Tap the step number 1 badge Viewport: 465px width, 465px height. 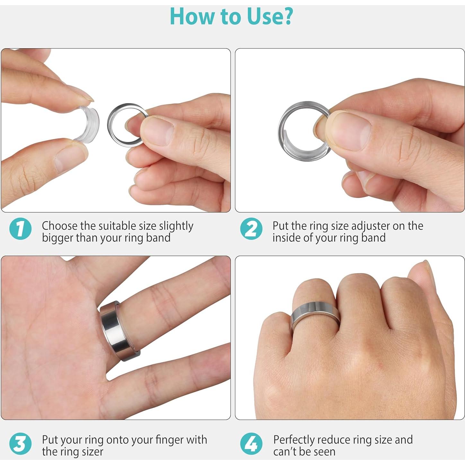[20, 229]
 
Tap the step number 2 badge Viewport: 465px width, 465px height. [251, 229]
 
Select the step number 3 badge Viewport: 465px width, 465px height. [20, 444]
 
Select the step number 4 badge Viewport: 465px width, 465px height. [251, 444]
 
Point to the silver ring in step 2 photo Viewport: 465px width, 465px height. [284, 141]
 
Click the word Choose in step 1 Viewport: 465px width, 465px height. [60, 226]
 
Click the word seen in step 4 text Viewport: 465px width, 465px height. [323, 452]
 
